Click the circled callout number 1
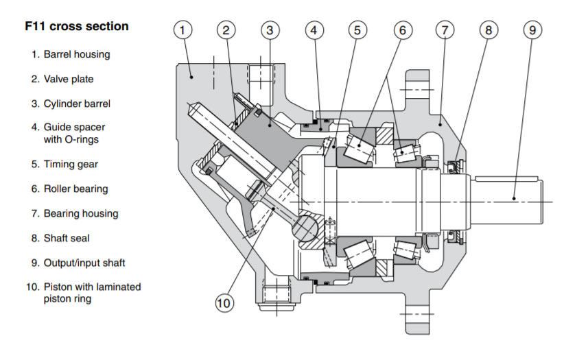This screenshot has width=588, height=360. click(183, 30)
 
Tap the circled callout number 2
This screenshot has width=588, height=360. click(226, 30)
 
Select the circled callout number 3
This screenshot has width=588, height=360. click(270, 30)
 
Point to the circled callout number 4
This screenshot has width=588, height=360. click(314, 30)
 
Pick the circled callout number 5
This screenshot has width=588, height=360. click(357, 30)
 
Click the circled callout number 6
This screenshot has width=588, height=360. click(403, 30)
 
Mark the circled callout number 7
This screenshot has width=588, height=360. click(445, 30)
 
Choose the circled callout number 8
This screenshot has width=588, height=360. click(489, 30)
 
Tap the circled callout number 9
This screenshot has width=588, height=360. click(532, 30)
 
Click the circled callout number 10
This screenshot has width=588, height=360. click(224, 302)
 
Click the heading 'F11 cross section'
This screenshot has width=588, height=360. click(77, 26)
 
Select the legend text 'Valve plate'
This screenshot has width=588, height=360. click(69, 79)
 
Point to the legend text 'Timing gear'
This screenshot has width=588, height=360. click(71, 164)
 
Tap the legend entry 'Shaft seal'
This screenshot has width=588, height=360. click(67, 238)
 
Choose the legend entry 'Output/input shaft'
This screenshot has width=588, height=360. click(84, 263)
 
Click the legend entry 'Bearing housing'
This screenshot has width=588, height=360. click(81, 213)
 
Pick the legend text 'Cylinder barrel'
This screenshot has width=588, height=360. click(77, 104)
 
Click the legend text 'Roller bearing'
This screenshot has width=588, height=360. click(75, 189)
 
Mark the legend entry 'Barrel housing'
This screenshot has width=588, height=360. click(77, 54)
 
